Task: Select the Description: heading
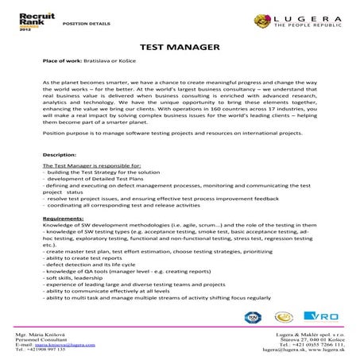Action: (x=60, y=153)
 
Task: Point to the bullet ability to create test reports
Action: (x=85, y=254)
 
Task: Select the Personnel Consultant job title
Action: (x=47, y=340)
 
